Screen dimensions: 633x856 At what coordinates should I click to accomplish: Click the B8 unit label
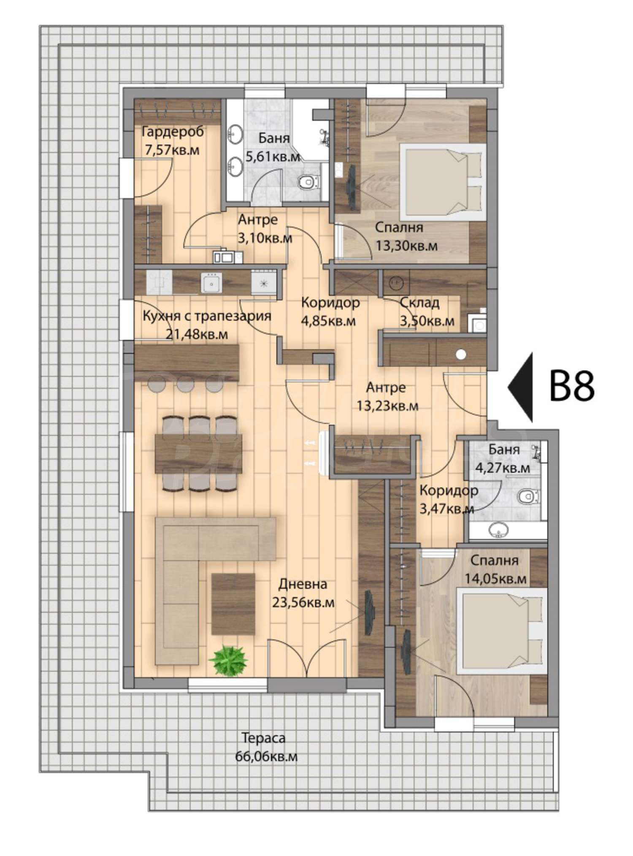572,386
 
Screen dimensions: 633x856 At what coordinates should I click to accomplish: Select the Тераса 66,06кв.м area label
266,747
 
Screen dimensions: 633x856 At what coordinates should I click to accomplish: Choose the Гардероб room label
173,132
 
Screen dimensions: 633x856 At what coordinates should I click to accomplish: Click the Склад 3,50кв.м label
427,312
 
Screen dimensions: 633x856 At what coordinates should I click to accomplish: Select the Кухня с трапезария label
207,316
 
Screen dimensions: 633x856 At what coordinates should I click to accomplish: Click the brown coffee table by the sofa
233,604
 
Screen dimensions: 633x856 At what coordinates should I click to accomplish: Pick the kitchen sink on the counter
211,282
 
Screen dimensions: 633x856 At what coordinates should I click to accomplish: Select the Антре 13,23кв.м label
387,396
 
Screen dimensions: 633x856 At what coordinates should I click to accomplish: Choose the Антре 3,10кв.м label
265,228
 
